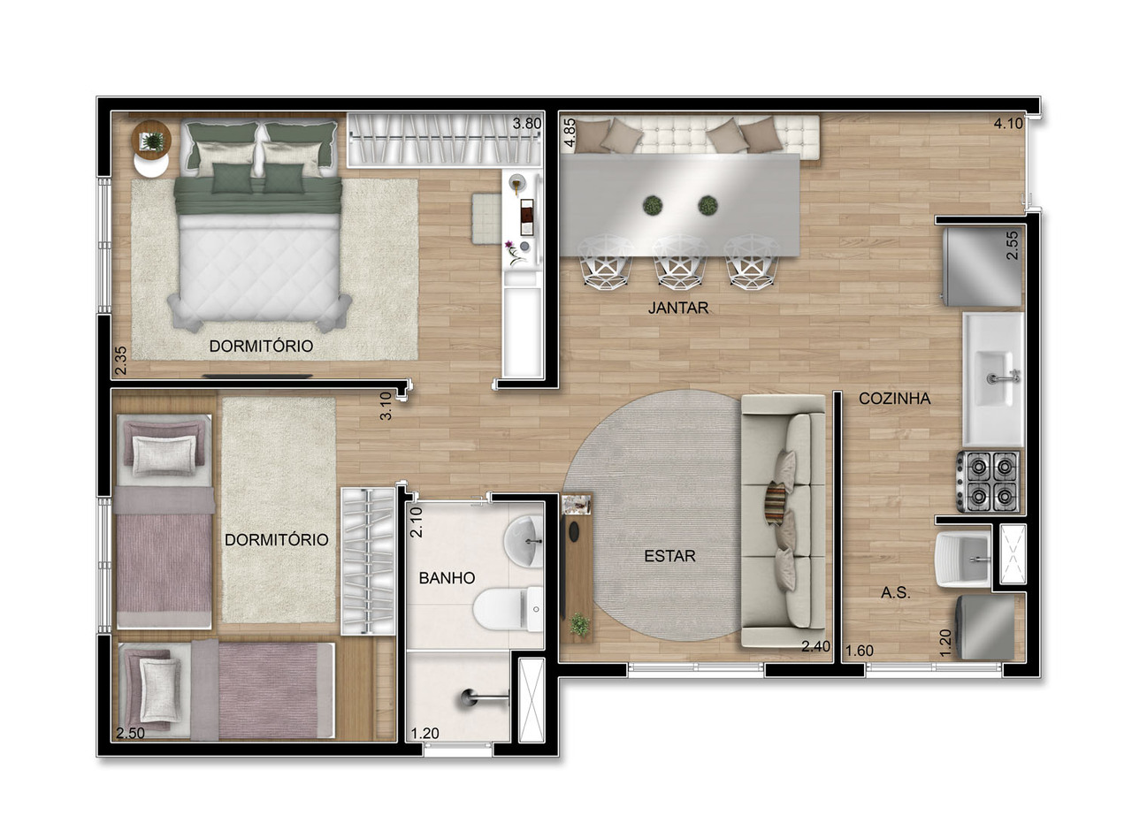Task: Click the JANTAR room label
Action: tap(678, 309)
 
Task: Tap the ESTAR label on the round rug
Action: tap(669, 556)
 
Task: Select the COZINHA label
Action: tap(894, 399)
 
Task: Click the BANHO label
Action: tap(447, 578)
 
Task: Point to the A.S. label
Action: tap(895, 593)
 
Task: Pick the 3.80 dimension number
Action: tap(526, 124)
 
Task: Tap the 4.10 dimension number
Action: tap(1008, 124)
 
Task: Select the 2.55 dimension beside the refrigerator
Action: tap(1013, 245)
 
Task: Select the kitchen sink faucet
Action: tap(1004, 377)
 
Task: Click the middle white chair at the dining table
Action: tap(679, 261)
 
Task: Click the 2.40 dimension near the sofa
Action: tap(815, 647)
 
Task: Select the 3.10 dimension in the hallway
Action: tap(386, 406)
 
